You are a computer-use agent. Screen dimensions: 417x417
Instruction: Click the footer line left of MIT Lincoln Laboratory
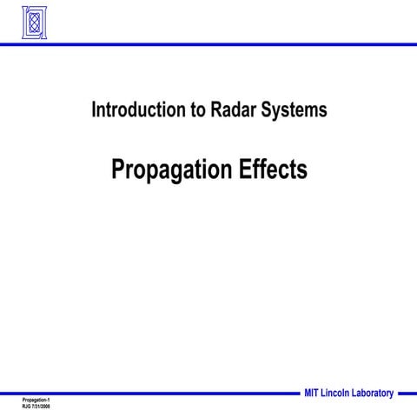148,393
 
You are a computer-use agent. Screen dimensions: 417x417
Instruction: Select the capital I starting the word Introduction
93,110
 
